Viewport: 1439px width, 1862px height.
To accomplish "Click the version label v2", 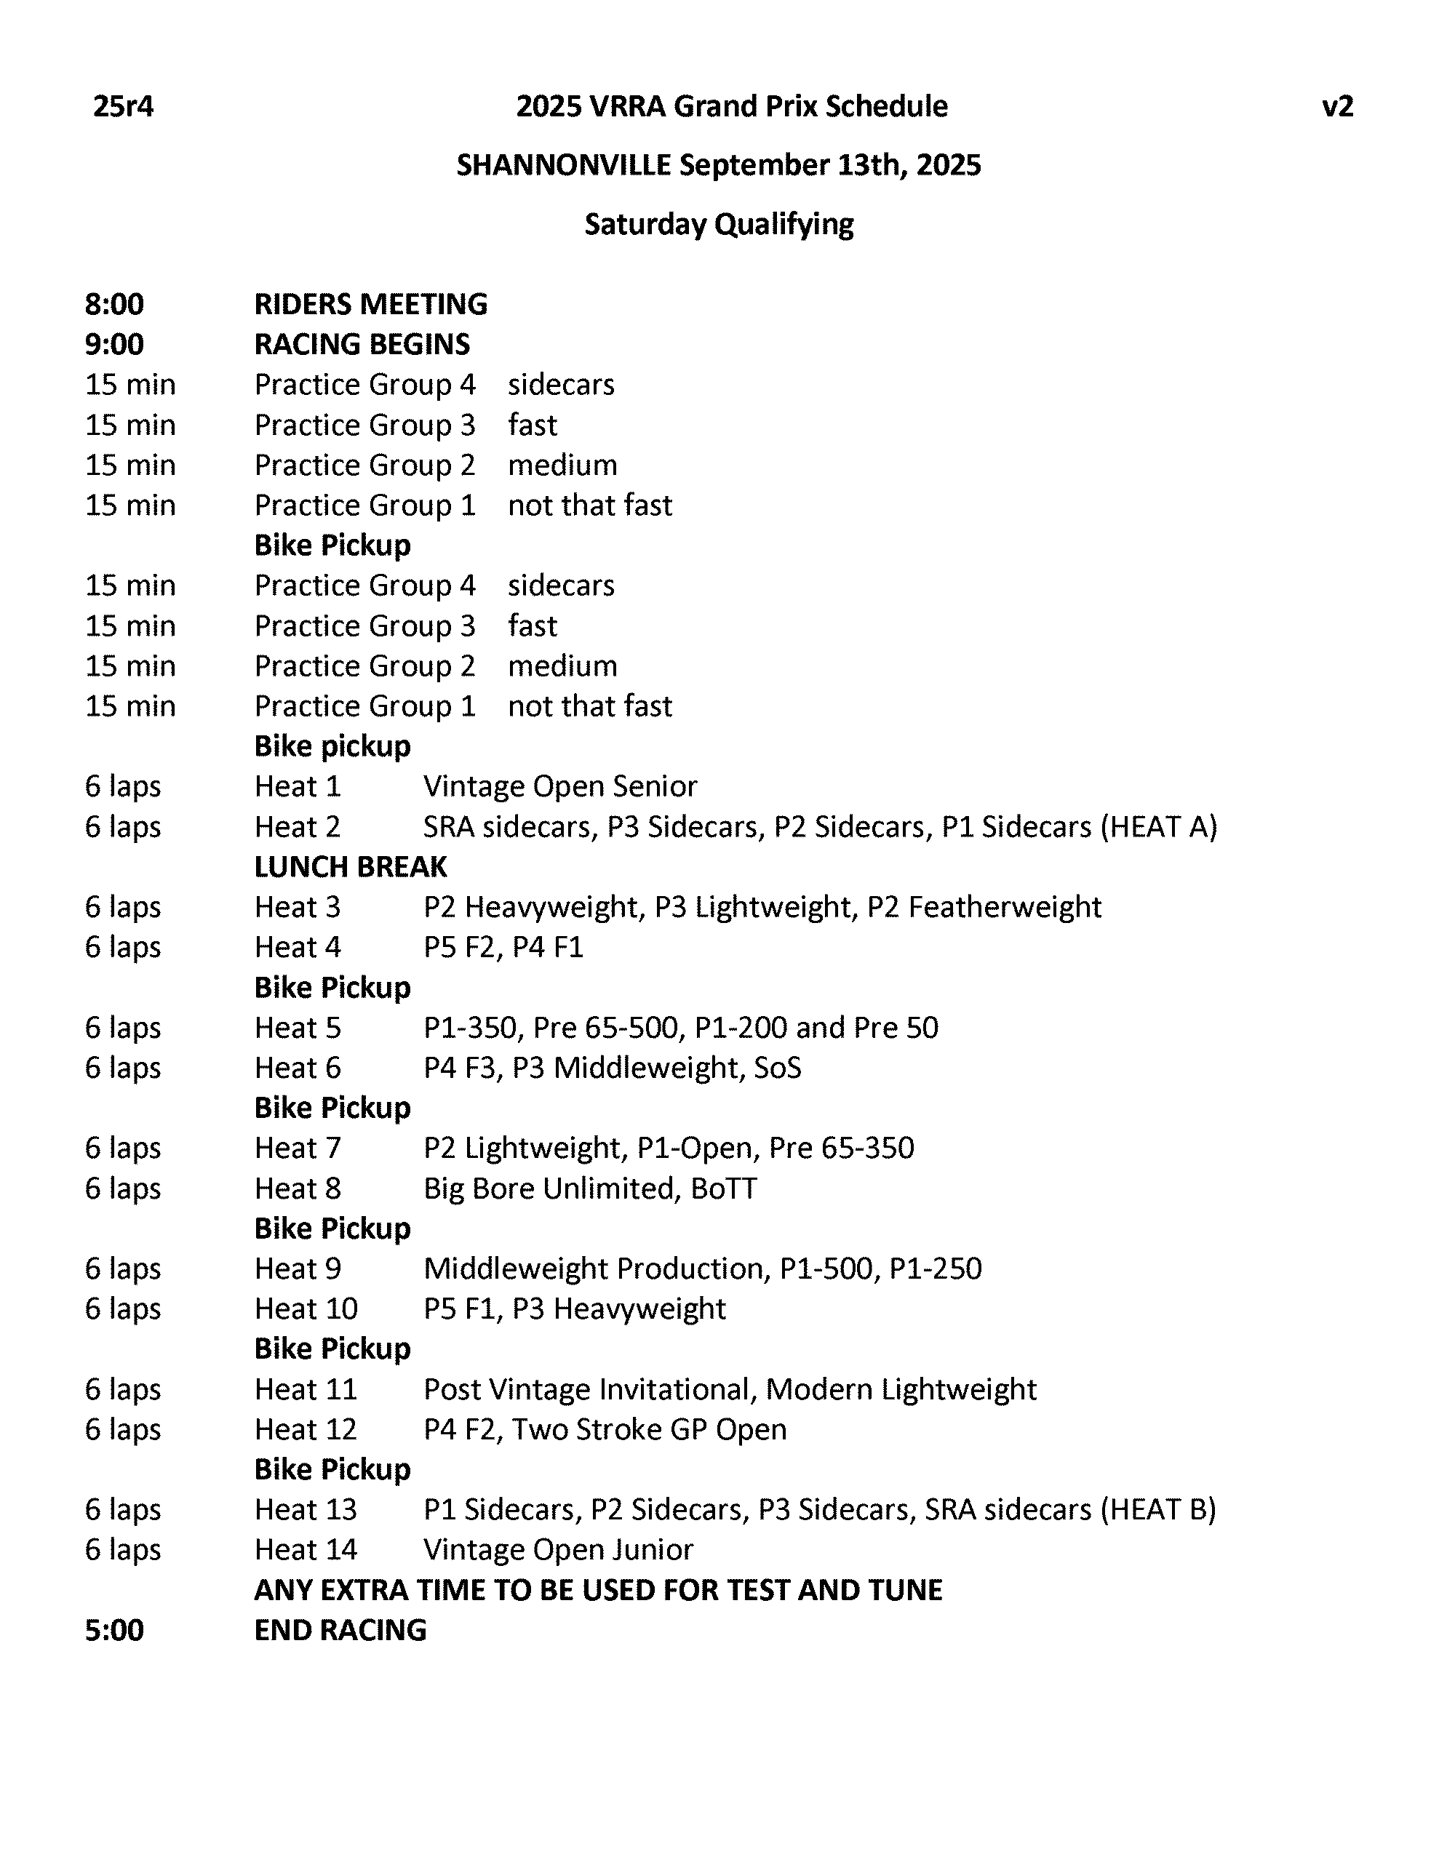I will coord(1336,107).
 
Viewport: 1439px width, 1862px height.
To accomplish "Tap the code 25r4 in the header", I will coord(123,107).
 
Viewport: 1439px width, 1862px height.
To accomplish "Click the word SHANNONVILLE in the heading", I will coord(563,164).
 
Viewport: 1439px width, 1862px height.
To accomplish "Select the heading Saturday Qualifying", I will coord(718,224).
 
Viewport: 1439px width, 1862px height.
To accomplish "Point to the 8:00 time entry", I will coord(114,304).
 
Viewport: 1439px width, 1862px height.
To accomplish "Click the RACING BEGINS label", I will coord(362,345).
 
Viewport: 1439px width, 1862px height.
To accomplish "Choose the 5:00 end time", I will coord(114,1630).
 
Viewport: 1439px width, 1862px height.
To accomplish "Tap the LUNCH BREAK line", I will coord(350,867).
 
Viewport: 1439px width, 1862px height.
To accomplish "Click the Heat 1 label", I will coord(297,786).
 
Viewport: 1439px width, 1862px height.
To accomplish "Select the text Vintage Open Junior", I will coord(558,1550).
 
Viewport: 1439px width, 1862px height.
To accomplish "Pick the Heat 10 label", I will coord(306,1308).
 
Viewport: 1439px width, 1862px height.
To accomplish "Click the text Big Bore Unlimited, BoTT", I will coord(589,1188).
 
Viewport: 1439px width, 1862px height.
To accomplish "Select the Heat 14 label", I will coord(306,1550).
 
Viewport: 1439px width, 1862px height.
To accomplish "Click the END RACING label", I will coord(340,1630).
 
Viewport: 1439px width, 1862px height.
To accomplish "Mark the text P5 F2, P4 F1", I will coord(503,947).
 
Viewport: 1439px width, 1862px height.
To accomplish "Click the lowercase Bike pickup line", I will coord(332,746).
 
